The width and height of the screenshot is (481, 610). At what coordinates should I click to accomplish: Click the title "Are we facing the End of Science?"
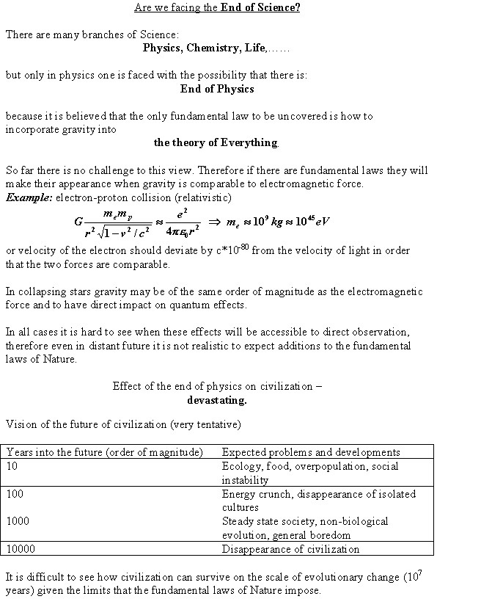(x=217, y=8)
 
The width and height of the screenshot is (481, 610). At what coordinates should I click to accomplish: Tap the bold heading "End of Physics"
(x=217, y=88)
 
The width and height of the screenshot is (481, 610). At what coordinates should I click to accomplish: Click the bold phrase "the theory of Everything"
(x=216, y=142)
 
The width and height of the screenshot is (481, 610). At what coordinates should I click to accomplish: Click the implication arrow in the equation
(x=215, y=222)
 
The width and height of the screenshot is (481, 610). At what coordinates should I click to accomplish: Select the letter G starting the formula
(x=78, y=222)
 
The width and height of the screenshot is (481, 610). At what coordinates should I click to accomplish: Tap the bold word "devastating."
(x=217, y=400)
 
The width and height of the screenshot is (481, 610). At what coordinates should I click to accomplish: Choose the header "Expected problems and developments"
(x=311, y=452)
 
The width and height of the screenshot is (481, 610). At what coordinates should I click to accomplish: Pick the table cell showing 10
(x=12, y=466)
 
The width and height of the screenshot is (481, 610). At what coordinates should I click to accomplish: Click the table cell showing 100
(x=15, y=494)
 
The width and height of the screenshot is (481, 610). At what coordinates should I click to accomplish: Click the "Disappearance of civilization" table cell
(x=291, y=548)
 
